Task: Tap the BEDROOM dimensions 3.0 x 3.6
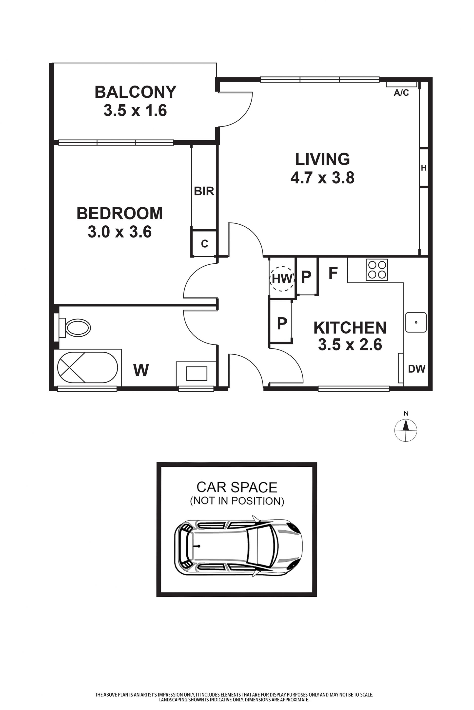120,232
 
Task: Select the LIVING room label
323,159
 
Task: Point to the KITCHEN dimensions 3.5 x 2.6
350,345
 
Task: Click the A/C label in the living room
401,93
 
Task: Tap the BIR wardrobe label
204,191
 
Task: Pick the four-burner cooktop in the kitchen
377,269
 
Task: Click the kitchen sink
416,322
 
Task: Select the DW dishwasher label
416,369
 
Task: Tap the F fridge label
333,273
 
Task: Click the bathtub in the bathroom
87,367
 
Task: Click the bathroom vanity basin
197,374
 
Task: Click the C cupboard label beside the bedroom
204,243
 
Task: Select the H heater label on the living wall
424,168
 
